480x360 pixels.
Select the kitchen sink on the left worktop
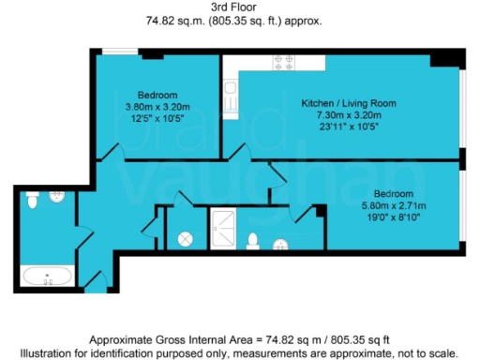[231, 94]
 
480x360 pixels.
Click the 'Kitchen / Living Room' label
[348, 102]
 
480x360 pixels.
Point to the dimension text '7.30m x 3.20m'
[348, 113]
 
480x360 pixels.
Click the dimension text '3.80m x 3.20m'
[157, 107]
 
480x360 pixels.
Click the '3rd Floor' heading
[239, 7]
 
